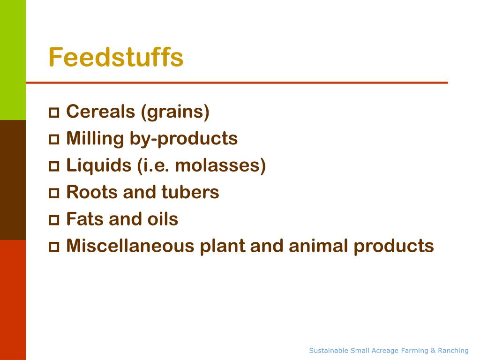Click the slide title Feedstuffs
[116, 57]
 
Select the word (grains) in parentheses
[174, 112]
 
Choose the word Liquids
[99, 165]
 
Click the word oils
[161, 219]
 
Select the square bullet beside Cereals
[54, 112]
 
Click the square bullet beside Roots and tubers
[54, 193]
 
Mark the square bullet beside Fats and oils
[54, 220]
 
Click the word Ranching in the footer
[453, 351]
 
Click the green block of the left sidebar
[13, 60]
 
